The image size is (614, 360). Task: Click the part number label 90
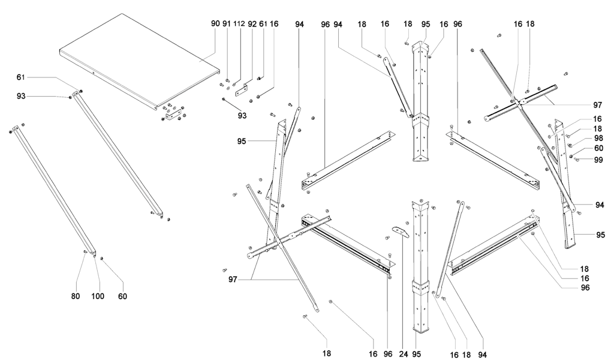pos(215,23)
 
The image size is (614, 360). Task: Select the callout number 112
pos(239,23)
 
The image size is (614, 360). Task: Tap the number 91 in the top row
pos(227,23)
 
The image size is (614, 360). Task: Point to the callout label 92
pos(252,23)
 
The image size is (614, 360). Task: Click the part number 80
pos(76,296)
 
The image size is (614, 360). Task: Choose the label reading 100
pos(98,296)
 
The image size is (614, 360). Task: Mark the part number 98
pos(598,138)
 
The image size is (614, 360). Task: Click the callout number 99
pos(598,160)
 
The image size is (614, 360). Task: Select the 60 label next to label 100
pos(122,296)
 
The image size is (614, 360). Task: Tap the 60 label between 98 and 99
pos(598,148)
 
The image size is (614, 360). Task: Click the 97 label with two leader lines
pos(233,280)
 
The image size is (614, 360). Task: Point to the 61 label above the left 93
pos(21,77)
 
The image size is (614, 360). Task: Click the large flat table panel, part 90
pos(139,61)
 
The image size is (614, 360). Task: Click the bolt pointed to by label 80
pos(85,252)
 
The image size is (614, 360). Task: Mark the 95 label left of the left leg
pos(242,141)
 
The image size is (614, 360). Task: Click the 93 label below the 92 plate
pos(242,116)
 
